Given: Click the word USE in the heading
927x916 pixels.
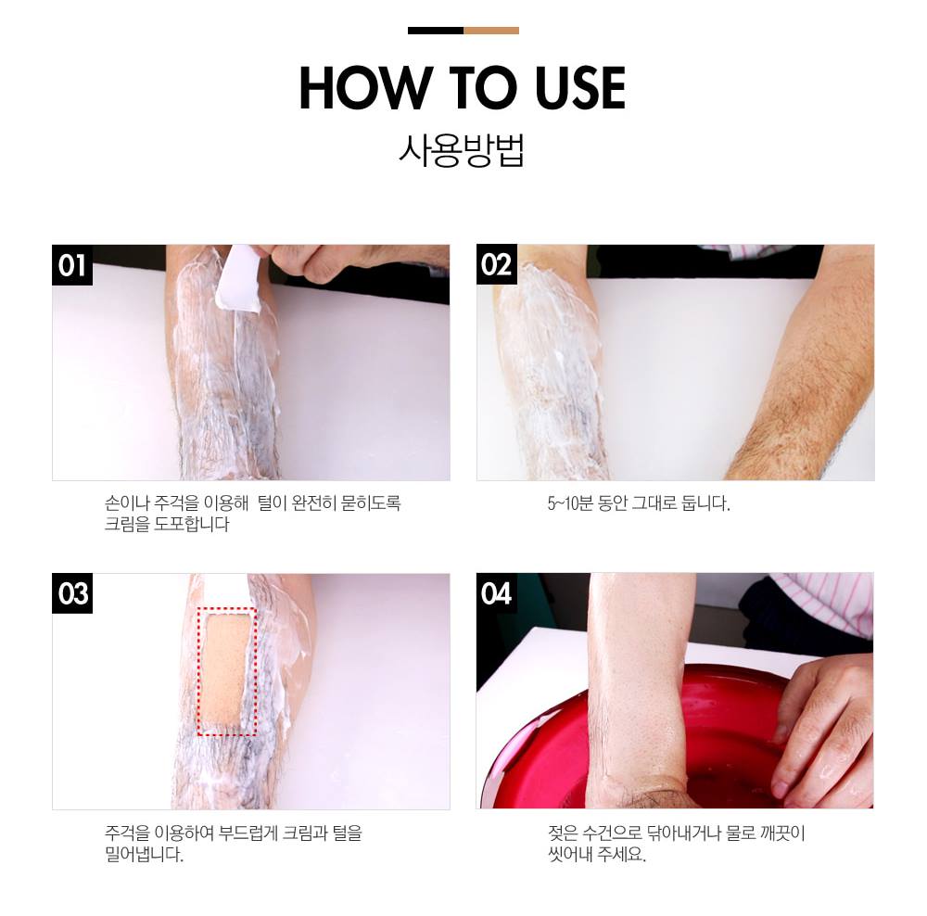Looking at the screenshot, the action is (x=580, y=88).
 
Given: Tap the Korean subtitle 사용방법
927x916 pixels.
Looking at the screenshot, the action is (x=462, y=150).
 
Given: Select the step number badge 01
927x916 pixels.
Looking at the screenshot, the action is (x=72, y=265).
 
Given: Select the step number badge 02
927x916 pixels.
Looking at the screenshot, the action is (x=497, y=265).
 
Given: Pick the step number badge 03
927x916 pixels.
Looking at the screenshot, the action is (x=72, y=593).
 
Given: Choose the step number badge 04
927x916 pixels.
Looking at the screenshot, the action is (x=497, y=593).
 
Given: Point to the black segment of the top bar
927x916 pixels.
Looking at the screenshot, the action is (x=436, y=31).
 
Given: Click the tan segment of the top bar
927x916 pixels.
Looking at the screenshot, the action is (x=491, y=31).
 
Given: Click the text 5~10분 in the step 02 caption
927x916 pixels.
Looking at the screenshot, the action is (x=570, y=503).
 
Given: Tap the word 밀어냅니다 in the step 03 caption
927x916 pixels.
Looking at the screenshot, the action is (x=144, y=854).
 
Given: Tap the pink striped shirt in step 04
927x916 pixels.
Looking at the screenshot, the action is (x=821, y=604).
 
